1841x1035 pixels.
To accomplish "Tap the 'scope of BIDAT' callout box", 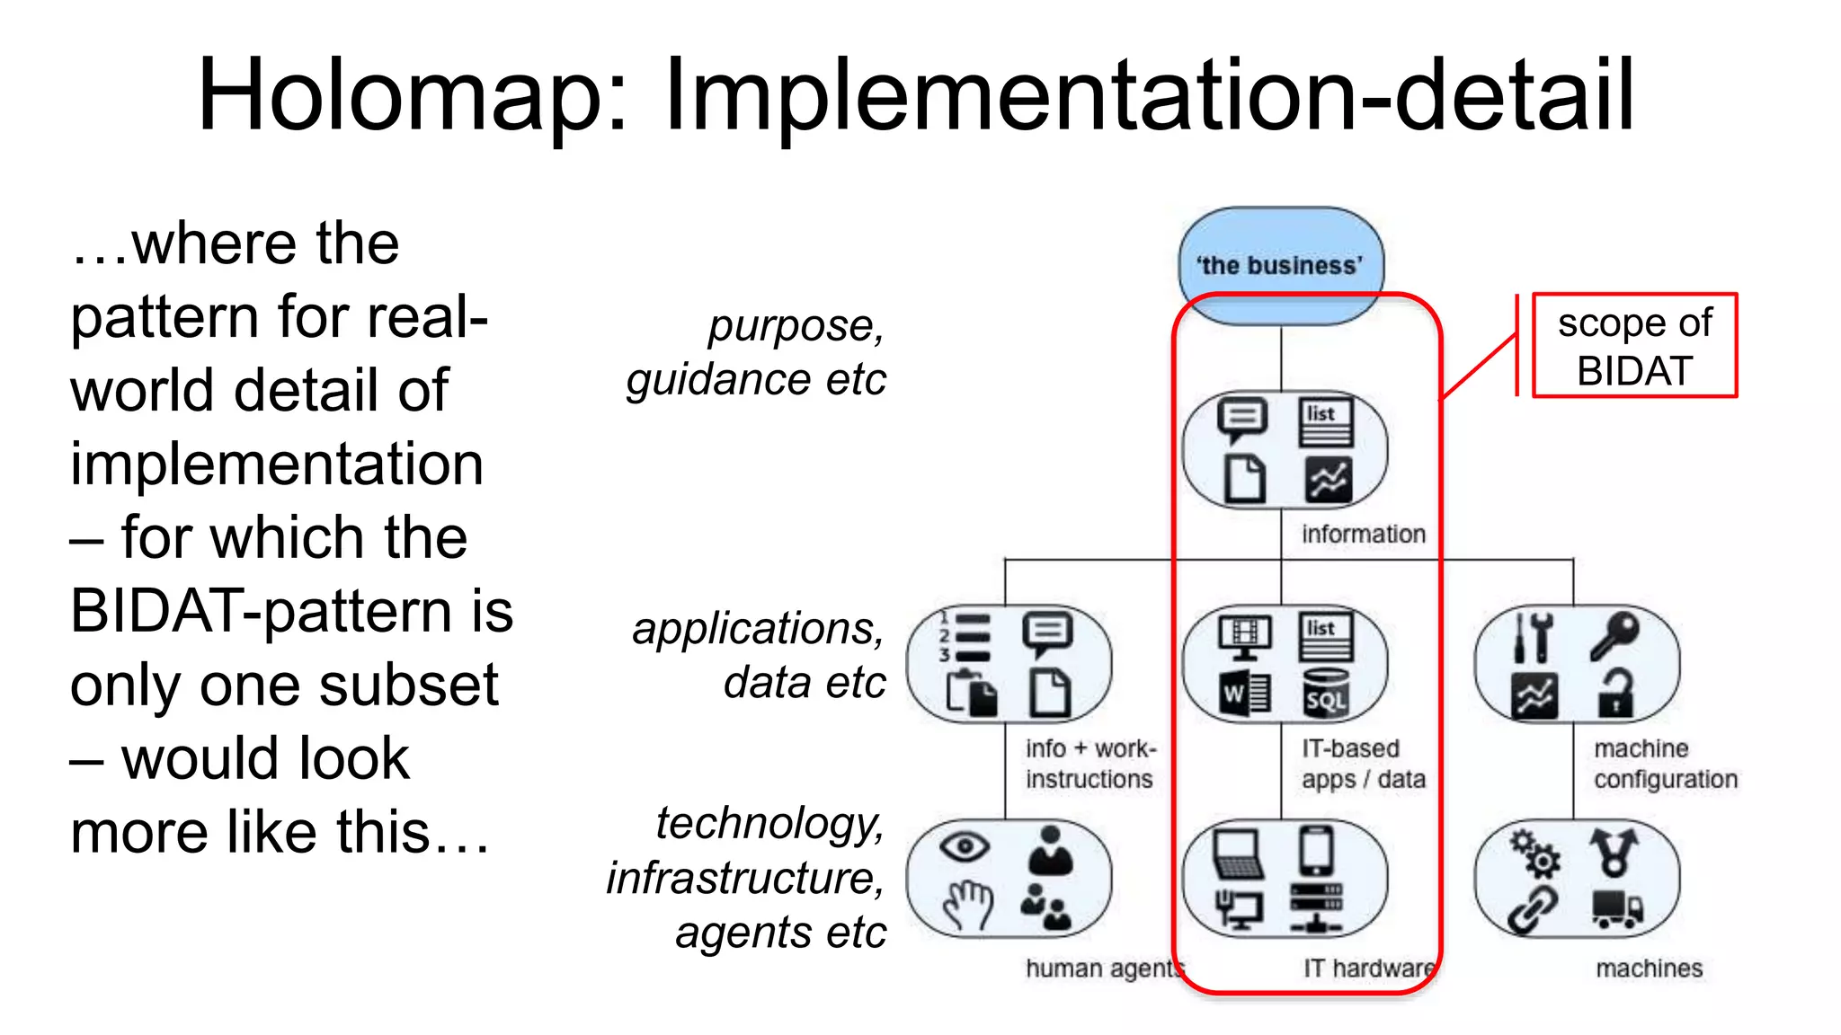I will point(1633,346).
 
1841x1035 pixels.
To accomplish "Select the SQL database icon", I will point(1326,694).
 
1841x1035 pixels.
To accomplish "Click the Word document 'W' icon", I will point(1244,694).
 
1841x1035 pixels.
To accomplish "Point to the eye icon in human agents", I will point(964,845).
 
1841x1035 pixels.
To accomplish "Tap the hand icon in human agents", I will point(967,904).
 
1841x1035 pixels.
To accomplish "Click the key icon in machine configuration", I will point(1614,635).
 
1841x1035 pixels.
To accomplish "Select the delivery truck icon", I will point(1616,908).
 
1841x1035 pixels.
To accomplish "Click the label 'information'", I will point(1363,534).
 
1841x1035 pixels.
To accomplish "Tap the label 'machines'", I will point(1649,969).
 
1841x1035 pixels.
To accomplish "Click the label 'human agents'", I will point(1104,969).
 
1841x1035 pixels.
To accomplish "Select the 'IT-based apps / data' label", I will point(1363,764).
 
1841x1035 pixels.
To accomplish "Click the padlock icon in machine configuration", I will point(1614,694).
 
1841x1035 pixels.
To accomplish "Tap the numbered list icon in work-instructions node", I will point(965,635).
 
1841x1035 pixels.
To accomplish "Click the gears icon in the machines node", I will point(1535,853).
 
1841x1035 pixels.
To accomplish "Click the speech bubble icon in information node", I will point(1242,420).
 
